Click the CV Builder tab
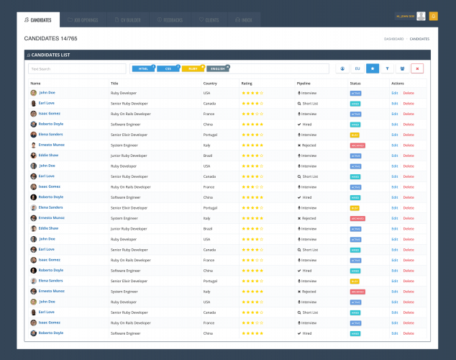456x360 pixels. click(x=127, y=20)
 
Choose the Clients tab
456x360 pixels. click(x=210, y=20)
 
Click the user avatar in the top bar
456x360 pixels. click(x=421, y=16)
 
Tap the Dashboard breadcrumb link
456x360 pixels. click(x=393, y=39)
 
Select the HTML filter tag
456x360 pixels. click(x=143, y=69)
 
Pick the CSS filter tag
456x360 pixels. click(x=168, y=69)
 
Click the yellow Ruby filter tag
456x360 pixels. click(x=193, y=69)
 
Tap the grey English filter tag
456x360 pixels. click(x=218, y=69)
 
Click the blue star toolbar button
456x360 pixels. click(x=373, y=69)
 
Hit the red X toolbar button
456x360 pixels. click(x=417, y=69)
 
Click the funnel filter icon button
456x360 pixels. click(x=388, y=69)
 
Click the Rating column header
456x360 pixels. click(x=247, y=84)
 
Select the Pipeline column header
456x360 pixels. click(x=304, y=84)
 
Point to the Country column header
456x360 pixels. click(x=210, y=84)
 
